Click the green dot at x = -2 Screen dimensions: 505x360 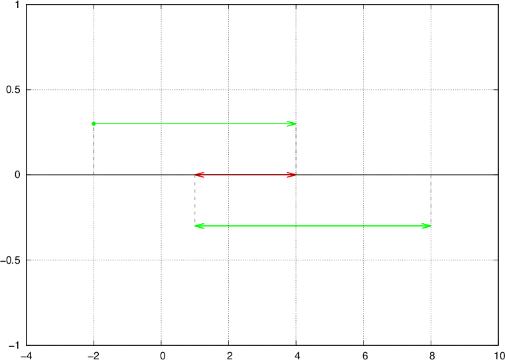(x=94, y=124)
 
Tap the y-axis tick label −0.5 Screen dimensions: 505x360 (x=11, y=260)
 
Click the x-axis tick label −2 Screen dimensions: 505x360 (x=93, y=355)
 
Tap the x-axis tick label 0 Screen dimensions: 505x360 (x=161, y=355)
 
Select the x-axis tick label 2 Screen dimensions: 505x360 (x=229, y=355)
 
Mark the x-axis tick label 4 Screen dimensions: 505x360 (x=297, y=355)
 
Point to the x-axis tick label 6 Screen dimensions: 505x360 (x=364, y=355)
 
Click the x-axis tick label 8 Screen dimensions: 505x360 (x=431, y=355)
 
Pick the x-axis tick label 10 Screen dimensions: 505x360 (x=500, y=355)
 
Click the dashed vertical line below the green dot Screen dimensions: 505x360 (x=94, y=150)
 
